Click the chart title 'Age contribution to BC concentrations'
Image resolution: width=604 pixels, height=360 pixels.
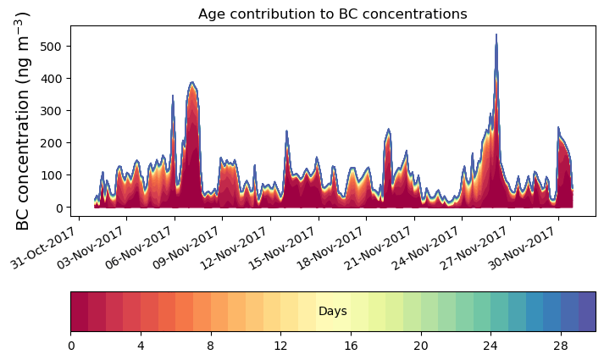tap(332, 14)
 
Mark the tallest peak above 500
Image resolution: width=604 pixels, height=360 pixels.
tap(496, 36)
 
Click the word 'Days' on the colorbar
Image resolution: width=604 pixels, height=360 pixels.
tap(332, 312)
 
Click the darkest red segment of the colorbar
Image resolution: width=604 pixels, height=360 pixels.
tap(80, 312)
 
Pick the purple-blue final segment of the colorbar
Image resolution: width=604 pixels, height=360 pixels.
tap(586, 312)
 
